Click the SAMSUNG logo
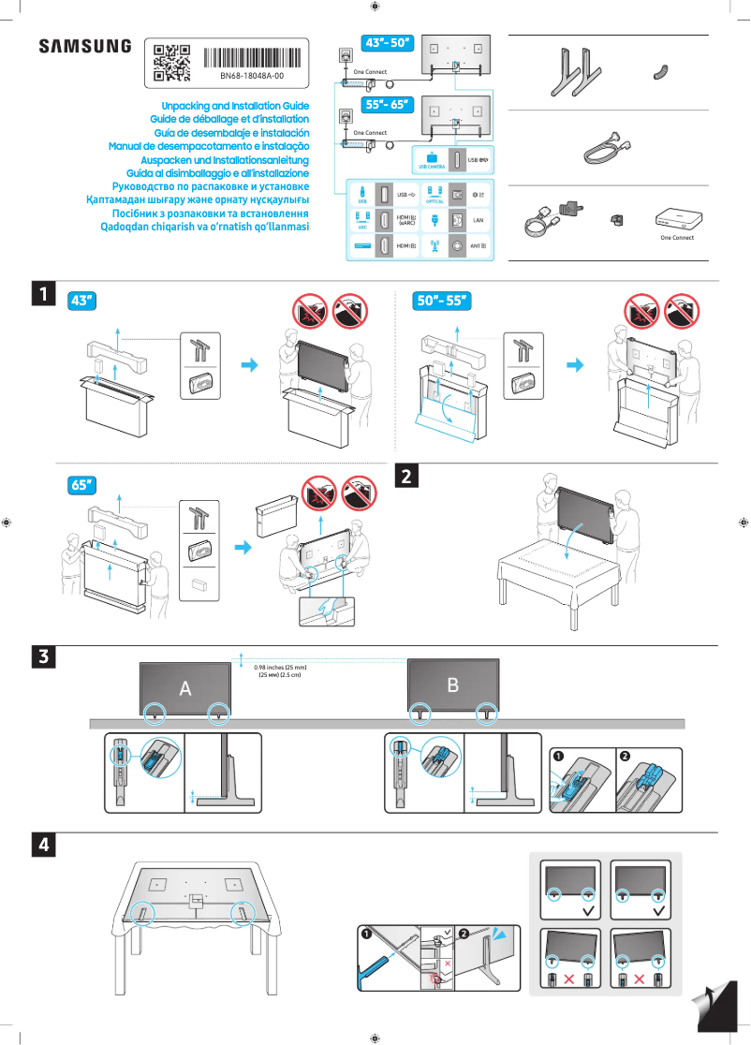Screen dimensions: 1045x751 (x=85, y=47)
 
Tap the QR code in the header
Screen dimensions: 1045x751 (x=171, y=62)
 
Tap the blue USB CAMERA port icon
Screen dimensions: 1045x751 (x=432, y=160)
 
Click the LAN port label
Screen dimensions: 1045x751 (x=478, y=220)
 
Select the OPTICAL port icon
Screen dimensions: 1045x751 (x=434, y=195)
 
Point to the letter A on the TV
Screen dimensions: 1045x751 (x=185, y=688)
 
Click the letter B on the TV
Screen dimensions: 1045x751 (x=453, y=685)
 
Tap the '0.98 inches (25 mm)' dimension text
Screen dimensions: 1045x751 (x=281, y=667)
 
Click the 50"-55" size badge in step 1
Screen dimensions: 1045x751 (x=441, y=301)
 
